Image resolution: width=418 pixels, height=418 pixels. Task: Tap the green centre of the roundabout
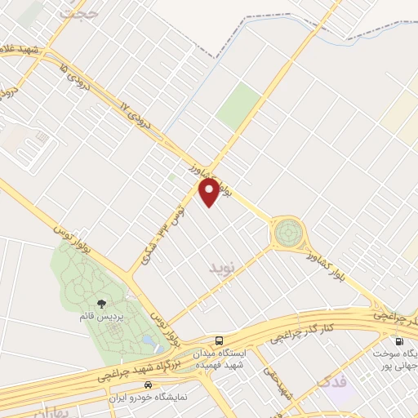coord(287,233)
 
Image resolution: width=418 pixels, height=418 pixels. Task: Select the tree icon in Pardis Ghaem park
coord(101,305)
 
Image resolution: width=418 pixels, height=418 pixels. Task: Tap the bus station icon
coord(218,340)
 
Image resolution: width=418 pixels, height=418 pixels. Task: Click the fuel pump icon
coord(399,342)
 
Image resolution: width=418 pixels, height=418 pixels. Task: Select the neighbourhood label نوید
coord(221,268)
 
